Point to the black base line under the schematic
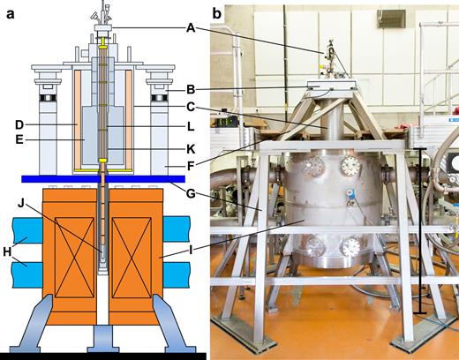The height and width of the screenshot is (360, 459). pyautogui.click(x=88, y=355)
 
